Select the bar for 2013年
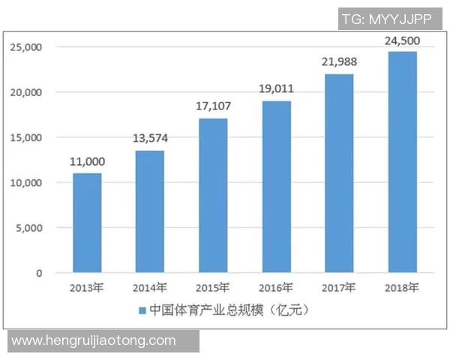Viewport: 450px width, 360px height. tap(87, 223)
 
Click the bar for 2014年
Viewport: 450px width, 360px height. tap(150, 211)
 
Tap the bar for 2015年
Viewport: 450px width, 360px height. tap(213, 196)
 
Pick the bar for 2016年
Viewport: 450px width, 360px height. tap(277, 187)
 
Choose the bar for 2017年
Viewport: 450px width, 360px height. tap(340, 173)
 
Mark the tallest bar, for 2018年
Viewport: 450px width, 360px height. tap(403, 162)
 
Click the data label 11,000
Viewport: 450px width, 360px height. tap(88, 161)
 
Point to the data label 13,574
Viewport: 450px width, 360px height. tap(151, 139)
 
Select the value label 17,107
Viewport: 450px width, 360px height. tap(214, 106)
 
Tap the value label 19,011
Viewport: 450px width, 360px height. tap(277, 89)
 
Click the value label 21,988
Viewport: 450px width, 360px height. tap(340, 61)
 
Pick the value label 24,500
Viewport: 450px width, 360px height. tap(402, 39)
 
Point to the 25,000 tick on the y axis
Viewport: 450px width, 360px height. tap(27, 47)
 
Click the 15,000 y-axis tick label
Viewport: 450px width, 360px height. tap(27, 138)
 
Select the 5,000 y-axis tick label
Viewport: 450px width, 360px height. tap(30, 228)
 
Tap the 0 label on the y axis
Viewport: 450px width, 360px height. tap(39, 273)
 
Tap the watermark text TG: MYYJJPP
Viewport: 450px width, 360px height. tap(386, 19)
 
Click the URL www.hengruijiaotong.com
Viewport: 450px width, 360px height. tap(94, 340)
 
